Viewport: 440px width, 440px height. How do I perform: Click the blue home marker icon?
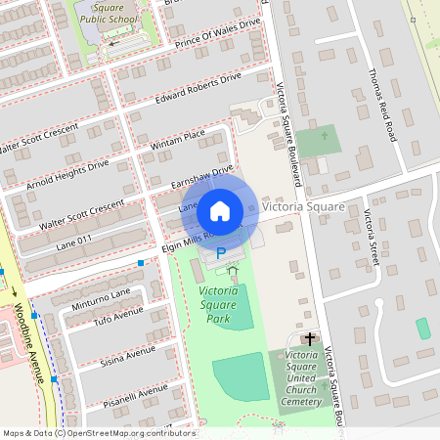(x=220, y=210)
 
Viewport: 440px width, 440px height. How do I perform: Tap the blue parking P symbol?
(x=221, y=252)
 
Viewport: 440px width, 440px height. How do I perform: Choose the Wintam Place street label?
(x=176, y=138)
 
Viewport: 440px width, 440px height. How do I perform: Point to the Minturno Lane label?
(x=101, y=298)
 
